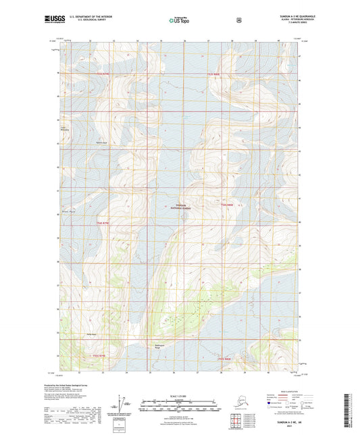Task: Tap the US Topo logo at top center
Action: (x=180, y=21)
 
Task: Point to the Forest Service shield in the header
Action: (x=239, y=21)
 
